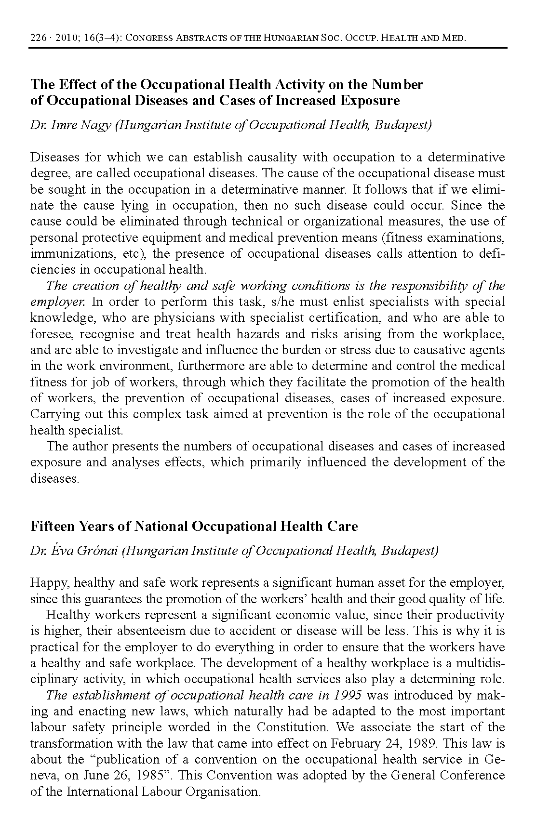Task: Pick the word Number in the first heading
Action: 397,85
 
